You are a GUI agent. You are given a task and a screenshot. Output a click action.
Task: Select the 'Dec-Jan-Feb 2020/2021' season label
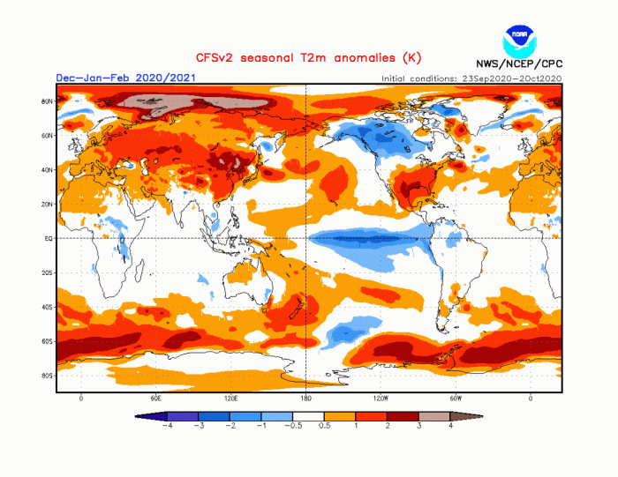(x=125, y=78)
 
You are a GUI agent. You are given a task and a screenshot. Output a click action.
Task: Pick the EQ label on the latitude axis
(x=49, y=238)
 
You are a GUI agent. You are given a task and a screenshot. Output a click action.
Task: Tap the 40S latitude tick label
(x=48, y=307)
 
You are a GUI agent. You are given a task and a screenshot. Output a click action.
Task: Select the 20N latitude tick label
(x=48, y=204)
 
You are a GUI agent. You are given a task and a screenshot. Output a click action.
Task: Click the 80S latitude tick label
(x=48, y=376)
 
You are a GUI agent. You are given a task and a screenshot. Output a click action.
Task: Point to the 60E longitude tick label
(x=156, y=399)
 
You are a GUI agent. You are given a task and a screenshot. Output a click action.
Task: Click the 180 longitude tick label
(x=305, y=399)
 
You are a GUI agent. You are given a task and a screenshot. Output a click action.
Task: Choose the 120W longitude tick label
(x=381, y=399)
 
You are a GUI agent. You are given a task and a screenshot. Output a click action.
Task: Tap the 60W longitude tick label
(x=456, y=399)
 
